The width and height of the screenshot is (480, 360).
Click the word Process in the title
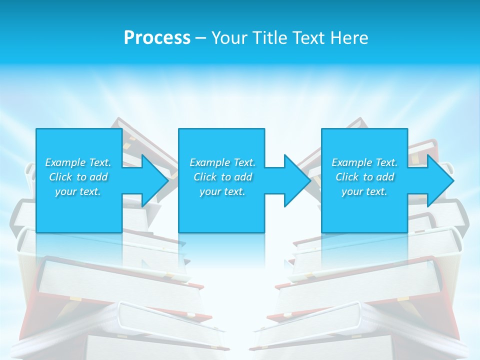157,38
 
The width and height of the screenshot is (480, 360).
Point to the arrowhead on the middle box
296,180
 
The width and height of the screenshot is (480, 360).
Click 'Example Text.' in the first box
78,162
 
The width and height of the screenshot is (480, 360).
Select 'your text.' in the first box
78,191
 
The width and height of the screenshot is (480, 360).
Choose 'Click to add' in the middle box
222,177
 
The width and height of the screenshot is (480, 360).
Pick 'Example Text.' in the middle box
222,162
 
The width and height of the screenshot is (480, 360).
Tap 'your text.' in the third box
364,191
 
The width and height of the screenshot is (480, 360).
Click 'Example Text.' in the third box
364,162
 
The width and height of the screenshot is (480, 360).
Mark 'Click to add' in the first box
78,177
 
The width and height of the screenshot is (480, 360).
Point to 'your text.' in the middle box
222,191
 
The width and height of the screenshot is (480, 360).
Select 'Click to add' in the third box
364,177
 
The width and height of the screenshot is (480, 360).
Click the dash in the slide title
200,38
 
